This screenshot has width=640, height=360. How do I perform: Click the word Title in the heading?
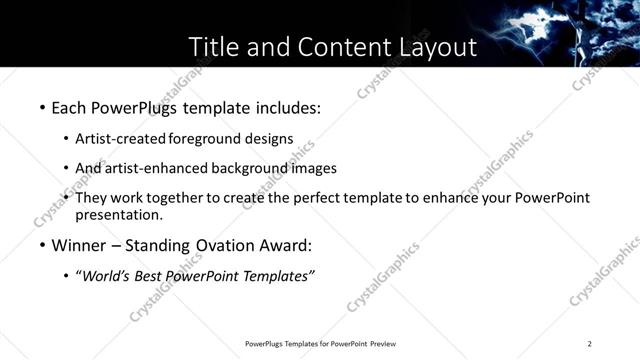(x=212, y=46)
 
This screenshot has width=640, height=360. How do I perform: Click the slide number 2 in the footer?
(x=590, y=343)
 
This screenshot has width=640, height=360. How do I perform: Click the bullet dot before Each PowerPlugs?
(x=41, y=105)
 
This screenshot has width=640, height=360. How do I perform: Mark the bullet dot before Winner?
(x=41, y=245)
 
